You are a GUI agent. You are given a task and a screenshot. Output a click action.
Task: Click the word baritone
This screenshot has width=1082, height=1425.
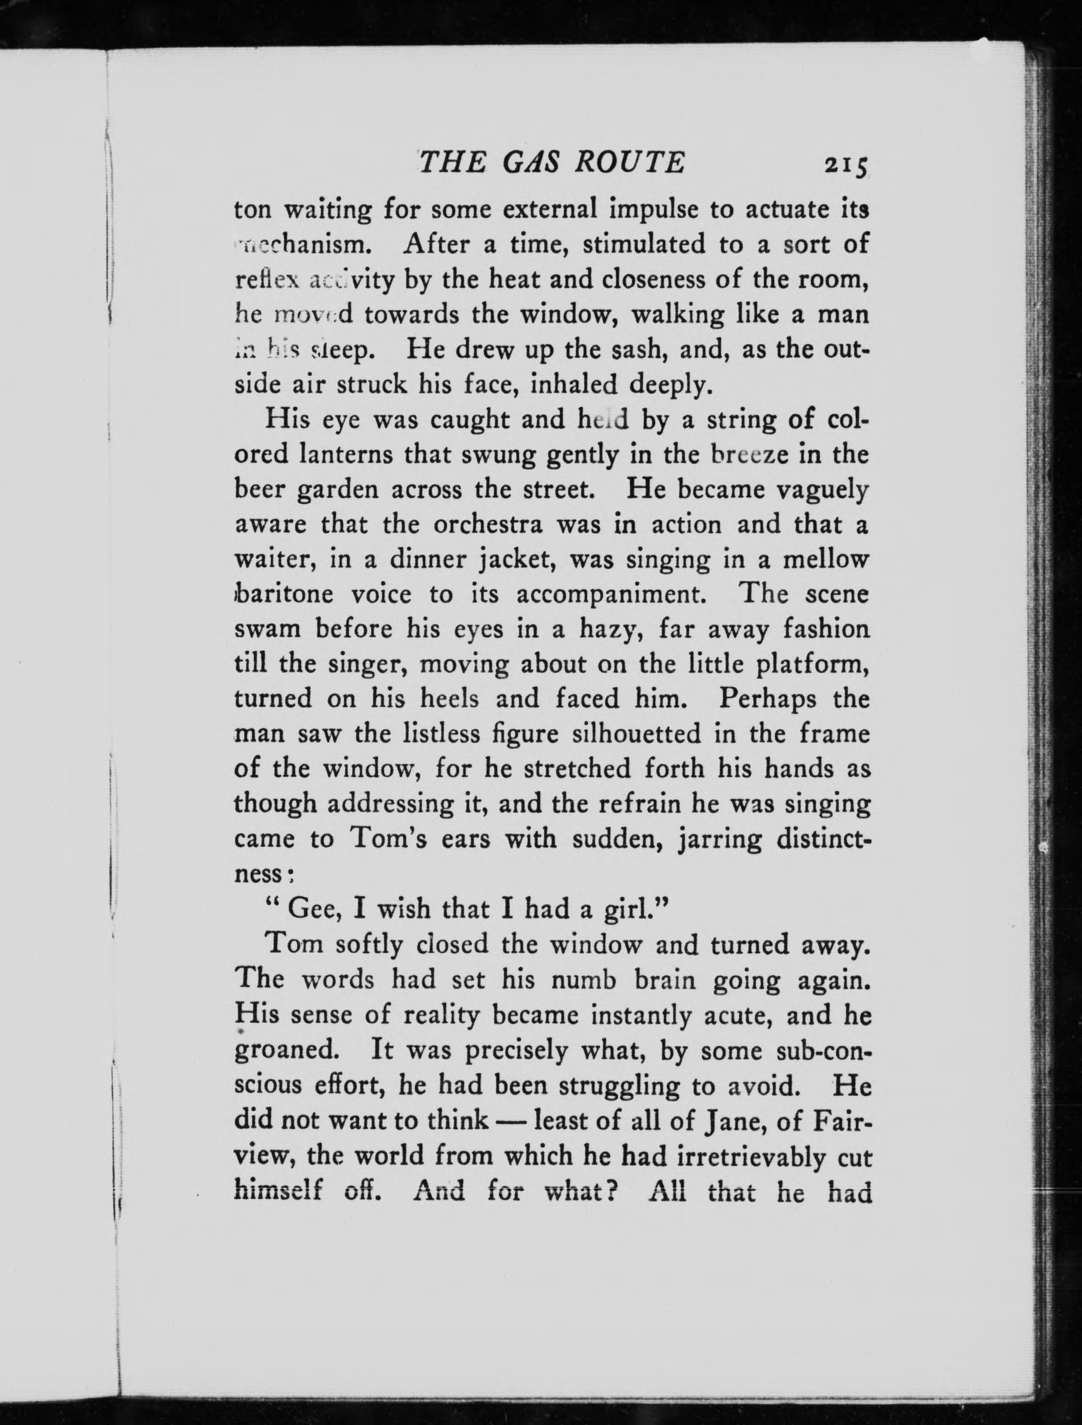tap(285, 594)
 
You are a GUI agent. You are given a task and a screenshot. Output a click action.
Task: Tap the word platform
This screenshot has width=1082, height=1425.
tap(813, 664)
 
